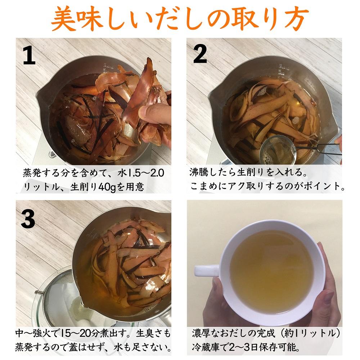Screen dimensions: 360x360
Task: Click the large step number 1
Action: click(29, 56)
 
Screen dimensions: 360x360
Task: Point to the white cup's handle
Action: click(206, 270)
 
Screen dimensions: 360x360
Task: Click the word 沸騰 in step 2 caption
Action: click(200, 172)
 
